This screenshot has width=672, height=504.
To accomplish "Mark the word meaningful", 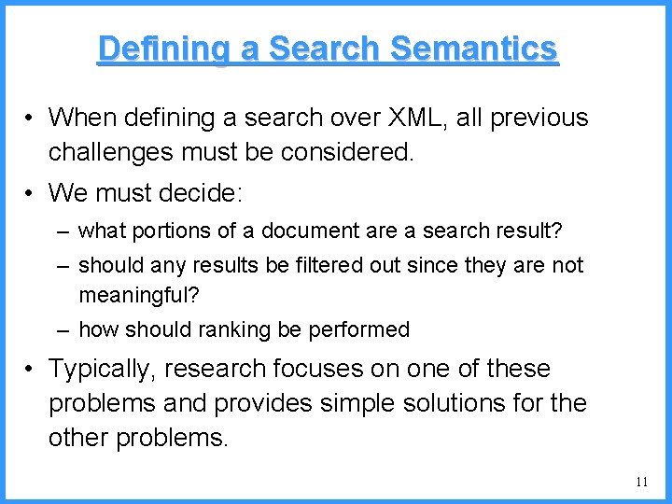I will coord(137,295).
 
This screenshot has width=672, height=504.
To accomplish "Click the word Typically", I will coord(102,370).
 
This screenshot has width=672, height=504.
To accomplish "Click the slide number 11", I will coord(640,482).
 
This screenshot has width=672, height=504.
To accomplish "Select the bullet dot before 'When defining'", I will coord(31,119).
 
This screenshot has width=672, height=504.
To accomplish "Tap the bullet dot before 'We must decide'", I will coord(31,194).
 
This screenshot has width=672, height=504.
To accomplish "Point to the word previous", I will coord(542,118).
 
